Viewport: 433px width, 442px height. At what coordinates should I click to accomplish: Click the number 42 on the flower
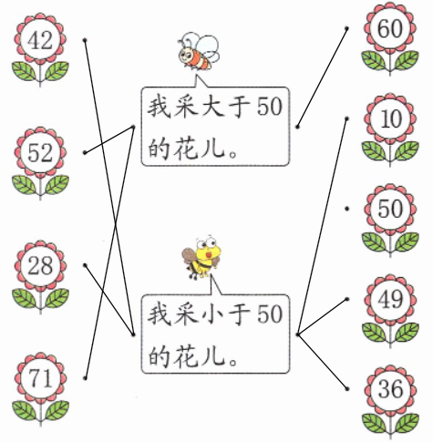(40, 40)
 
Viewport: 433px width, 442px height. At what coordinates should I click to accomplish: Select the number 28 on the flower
(40, 266)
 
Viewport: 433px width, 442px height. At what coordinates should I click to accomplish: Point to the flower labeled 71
(40, 390)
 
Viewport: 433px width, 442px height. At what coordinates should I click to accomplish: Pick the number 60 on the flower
(390, 28)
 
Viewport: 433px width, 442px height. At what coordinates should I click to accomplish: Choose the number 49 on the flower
(390, 299)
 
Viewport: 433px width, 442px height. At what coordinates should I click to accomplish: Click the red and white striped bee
(199, 52)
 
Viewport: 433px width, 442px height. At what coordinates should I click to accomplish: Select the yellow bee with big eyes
(201, 257)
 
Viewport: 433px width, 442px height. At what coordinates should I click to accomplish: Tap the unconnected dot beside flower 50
(346, 209)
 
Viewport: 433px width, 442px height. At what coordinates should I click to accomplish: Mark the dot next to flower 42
(85, 40)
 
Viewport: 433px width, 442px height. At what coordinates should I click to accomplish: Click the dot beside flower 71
(85, 378)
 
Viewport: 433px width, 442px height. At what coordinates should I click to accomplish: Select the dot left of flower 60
(346, 28)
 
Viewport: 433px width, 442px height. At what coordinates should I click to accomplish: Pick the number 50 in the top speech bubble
(270, 107)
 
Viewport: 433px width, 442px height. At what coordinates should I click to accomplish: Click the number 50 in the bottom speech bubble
(270, 314)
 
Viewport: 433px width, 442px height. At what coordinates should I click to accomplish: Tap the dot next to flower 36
(347, 389)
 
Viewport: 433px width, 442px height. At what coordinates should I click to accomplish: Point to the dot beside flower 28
(85, 265)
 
